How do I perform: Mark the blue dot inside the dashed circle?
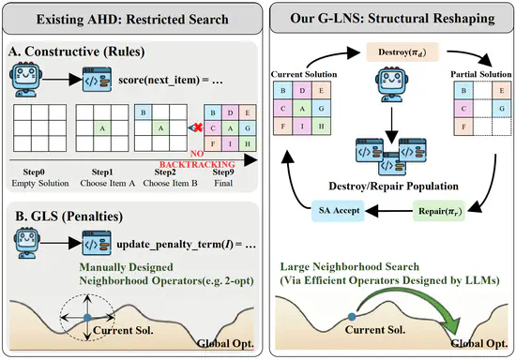click(x=87, y=318)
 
